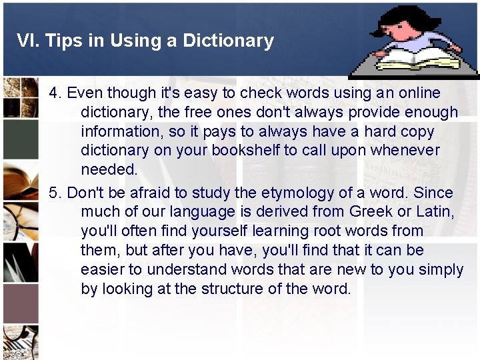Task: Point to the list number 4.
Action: pos(55,93)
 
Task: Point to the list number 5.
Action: pos(55,193)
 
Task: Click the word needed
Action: pos(109,169)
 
